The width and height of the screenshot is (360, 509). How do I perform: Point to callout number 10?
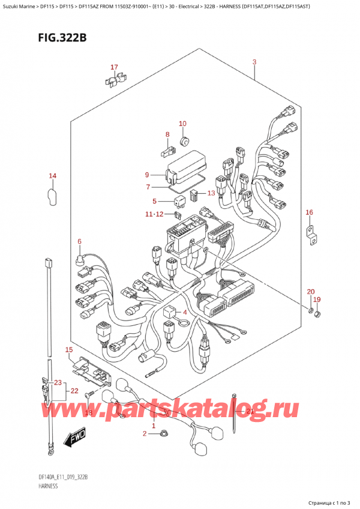click(x=182, y=124)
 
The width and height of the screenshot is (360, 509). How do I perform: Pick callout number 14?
click(x=52, y=176)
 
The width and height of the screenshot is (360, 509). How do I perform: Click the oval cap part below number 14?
click(x=52, y=196)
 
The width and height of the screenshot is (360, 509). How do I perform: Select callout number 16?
click(x=309, y=212)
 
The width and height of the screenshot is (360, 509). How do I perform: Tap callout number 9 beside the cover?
click(x=146, y=175)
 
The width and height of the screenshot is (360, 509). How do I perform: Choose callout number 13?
click(x=211, y=193)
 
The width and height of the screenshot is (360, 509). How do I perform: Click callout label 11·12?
click(x=153, y=214)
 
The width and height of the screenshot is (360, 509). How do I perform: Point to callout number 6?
click(x=79, y=241)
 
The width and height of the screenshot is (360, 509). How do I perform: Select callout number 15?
click(x=69, y=349)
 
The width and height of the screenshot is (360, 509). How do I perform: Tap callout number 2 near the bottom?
click(x=144, y=433)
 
